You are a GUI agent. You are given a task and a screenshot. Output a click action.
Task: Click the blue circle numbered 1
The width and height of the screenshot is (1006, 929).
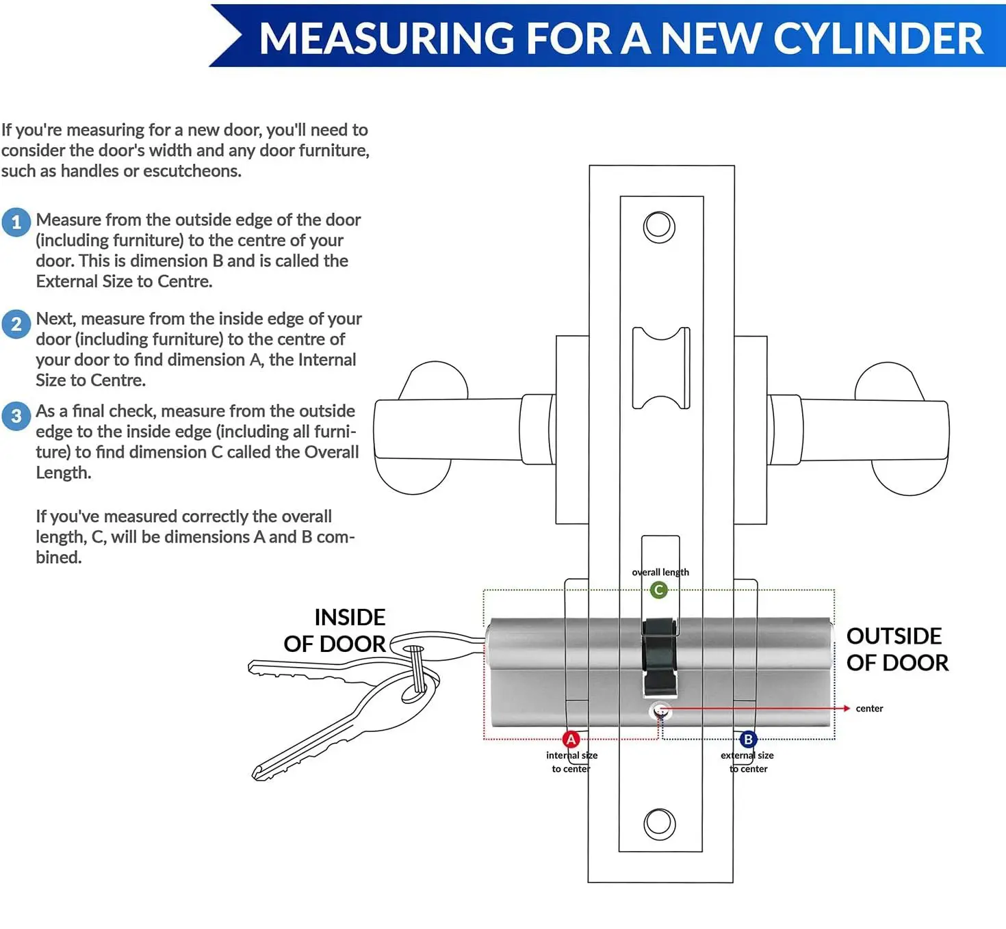(x=16, y=222)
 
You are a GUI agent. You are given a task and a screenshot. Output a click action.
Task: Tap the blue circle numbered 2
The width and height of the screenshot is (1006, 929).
(x=16, y=324)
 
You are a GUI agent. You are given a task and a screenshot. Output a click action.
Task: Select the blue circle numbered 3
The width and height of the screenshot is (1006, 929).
(x=16, y=416)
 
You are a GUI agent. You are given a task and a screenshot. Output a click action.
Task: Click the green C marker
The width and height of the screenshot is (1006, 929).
(x=658, y=590)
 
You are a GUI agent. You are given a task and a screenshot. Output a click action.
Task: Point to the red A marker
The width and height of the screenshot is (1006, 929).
(x=571, y=739)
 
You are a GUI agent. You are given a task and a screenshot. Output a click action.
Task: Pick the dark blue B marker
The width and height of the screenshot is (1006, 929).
(x=748, y=739)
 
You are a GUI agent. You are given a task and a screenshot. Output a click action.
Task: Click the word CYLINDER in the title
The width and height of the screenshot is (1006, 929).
(x=878, y=38)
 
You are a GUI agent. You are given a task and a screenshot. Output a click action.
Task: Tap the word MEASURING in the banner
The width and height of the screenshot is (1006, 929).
(x=387, y=38)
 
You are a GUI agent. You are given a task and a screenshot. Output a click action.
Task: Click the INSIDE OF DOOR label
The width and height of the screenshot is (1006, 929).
(x=335, y=630)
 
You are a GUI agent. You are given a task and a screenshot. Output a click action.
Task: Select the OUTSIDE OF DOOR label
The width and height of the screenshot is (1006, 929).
(x=897, y=649)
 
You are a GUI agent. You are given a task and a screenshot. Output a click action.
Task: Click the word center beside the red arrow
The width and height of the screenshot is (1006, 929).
(x=869, y=709)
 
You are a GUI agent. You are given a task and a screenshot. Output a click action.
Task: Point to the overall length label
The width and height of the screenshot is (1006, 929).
(x=660, y=572)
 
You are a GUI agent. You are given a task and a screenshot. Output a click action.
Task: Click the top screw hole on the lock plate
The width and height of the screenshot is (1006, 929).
(x=659, y=227)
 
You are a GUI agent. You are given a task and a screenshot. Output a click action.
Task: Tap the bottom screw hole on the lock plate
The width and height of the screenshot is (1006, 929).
(x=660, y=824)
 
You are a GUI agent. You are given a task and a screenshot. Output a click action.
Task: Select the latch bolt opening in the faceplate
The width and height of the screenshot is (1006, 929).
(x=660, y=368)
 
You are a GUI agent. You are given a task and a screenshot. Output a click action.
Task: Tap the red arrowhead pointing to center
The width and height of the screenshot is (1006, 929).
(x=847, y=709)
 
